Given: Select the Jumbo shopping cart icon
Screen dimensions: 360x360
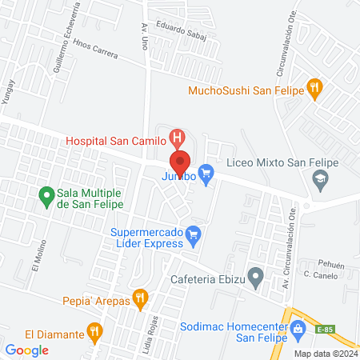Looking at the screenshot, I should (206, 172).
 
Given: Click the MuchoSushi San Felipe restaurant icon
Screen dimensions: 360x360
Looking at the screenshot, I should (315, 90).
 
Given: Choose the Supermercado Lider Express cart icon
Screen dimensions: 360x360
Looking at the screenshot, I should (193, 234).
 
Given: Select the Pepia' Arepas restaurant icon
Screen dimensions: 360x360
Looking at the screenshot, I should (141, 300).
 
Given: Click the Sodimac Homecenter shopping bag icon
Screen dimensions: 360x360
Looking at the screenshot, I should (298, 328).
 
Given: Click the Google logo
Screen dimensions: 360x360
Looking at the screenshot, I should (26, 350).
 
